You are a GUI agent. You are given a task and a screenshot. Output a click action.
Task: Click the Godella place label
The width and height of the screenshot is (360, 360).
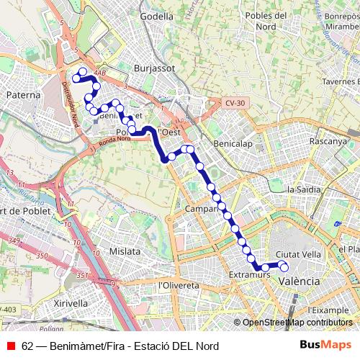click(157, 16)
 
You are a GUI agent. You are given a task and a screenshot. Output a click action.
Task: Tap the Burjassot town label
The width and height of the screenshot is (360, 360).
click(152, 68)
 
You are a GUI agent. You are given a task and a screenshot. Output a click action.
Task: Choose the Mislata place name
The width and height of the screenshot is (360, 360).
click(125, 251)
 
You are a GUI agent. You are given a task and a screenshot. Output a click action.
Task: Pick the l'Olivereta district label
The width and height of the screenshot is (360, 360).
click(178, 285)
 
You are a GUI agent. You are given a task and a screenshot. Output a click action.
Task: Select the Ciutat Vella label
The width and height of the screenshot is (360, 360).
click(298, 254)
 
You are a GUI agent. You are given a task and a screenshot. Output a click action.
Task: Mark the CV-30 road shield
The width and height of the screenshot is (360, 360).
click(234, 104)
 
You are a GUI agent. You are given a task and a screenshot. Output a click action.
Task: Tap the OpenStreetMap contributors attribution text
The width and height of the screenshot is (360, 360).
click(298, 323)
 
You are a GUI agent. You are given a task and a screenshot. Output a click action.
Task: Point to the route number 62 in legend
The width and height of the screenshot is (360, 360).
click(27, 345)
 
